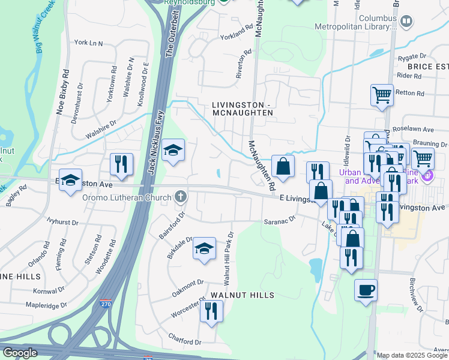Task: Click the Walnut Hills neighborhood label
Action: pyautogui.click(x=243, y=295)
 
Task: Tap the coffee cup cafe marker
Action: pyautogui.click(x=366, y=290)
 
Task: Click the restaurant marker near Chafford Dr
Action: pyautogui.click(x=211, y=310)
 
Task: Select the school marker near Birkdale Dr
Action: pyautogui.click(x=204, y=248)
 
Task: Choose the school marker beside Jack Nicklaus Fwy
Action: pyautogui.click(x=173, y=150)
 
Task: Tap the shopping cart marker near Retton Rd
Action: pyautogui.click(x=382, y=95)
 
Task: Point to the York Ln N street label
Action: pyautogui.click(x=89, y=43)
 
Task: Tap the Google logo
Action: pyautogui.click(x=20, y=353)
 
